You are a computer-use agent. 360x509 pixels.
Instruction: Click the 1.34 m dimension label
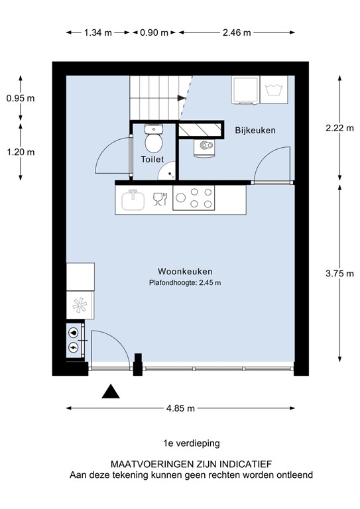pos(98,32)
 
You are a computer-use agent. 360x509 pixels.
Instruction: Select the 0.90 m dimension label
pos(154,32)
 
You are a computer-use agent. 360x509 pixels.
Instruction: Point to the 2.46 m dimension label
pos(236,32)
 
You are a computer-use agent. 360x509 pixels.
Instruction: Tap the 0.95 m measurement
pos(20,98)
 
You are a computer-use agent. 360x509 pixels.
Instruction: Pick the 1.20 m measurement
pos(20,152)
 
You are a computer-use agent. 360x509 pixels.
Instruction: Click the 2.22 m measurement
pos(341,129)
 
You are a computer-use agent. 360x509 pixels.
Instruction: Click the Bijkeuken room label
pos(255,131)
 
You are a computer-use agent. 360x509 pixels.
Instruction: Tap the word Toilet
pos(152,160)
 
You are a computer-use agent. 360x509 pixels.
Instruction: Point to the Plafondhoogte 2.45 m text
pos(184,283)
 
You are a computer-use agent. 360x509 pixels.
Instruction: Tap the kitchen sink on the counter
pos(133,198)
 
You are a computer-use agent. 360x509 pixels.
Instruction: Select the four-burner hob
pos(194,198)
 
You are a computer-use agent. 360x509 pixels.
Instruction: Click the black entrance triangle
pos(111,392)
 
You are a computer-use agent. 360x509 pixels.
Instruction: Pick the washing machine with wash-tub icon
pos(274,90)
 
